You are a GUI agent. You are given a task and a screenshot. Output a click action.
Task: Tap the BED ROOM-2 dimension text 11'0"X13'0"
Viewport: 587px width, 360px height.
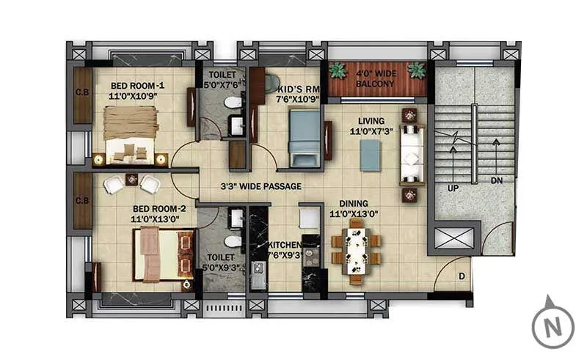tap(158, 218)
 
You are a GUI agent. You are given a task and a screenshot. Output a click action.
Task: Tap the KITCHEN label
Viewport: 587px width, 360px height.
tap(284, 245)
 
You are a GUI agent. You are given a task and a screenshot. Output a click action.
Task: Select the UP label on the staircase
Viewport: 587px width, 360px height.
tap(453, 188)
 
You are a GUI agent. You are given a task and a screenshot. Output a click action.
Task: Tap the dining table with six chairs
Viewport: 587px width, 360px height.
tap(357, 249)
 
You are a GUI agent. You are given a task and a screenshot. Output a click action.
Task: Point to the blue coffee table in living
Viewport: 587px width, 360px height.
tap(371, 155)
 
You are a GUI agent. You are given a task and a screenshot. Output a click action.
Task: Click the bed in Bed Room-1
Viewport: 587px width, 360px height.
tap(131, 133)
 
